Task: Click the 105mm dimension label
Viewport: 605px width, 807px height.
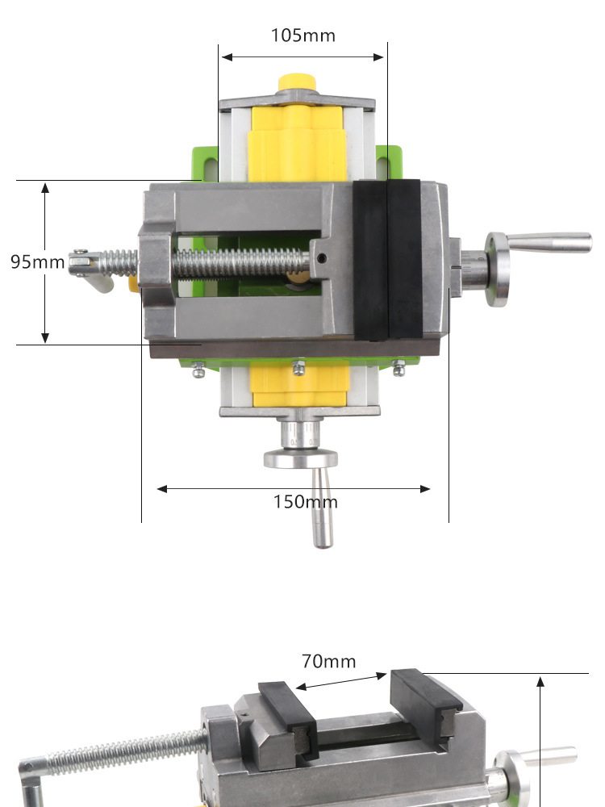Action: (303, 36)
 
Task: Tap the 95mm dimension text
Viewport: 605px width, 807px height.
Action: (38, 261)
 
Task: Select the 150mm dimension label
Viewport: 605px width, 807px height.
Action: (305, 502)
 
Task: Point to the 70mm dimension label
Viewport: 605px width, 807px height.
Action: (329, 662)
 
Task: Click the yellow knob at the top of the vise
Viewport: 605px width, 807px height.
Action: (296, 82)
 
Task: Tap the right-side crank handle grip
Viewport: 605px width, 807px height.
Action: (549, 242)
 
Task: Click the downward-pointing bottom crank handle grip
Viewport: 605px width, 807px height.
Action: (322, 508)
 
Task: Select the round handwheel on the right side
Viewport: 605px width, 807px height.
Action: (496, 270)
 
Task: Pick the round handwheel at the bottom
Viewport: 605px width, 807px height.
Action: (301, 458)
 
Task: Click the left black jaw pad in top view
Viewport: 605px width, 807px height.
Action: (370, 260)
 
